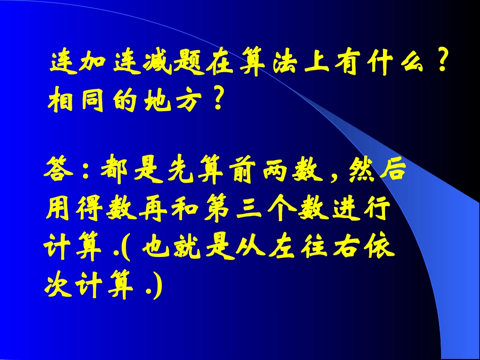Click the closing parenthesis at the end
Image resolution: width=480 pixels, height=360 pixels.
point(160,287)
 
